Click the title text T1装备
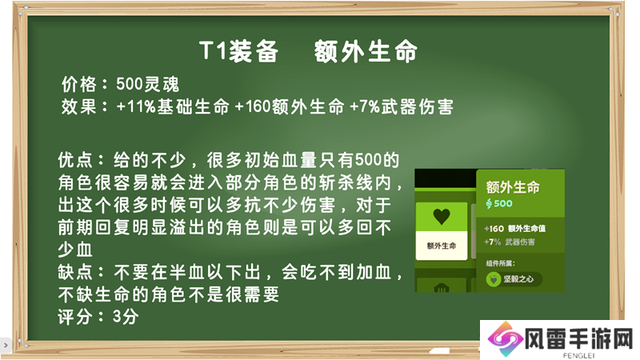[238, 51]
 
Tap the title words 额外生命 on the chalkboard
[366, 51]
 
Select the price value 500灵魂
[147, 85]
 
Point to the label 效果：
[85, 107]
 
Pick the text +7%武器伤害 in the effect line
[402, 107]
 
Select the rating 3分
[126, 317]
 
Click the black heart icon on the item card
[442, 216]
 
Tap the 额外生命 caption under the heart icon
[442, 246]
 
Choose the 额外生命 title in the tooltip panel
[513, 187]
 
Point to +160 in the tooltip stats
[494, 229]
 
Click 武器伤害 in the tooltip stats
[519, 242]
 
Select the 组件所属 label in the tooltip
[501, 263]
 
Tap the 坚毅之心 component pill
[514, 279]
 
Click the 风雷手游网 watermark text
[578, 339]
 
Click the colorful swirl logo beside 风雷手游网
[506, 338]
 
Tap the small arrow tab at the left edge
[6, 346]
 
